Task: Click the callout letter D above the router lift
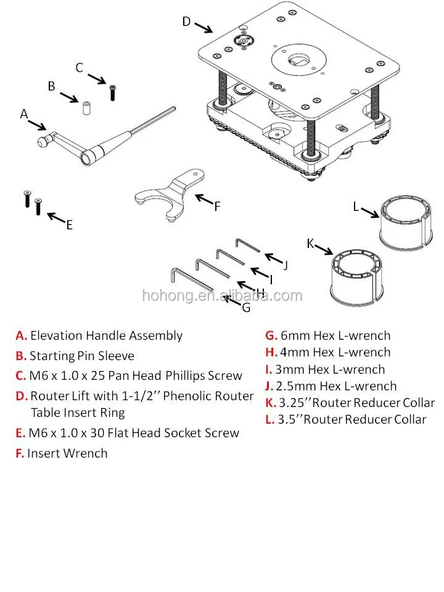click(186, 22)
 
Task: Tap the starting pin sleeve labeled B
click(86, 107)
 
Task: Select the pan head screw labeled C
click(112, 93)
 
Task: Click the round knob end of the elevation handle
click(43, 142)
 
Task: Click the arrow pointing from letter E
click(56, 218)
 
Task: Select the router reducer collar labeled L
click(406, 223)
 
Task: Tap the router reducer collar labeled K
click(358, 277)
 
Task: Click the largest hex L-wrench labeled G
click(192, 280)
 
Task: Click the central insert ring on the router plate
click(299, 60)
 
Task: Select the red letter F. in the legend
click(20, 453)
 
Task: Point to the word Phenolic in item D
click(189, 396)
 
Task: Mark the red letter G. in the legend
click(271, 335)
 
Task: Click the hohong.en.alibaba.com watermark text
click(223, 295)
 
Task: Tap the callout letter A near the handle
click(24, 113)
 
